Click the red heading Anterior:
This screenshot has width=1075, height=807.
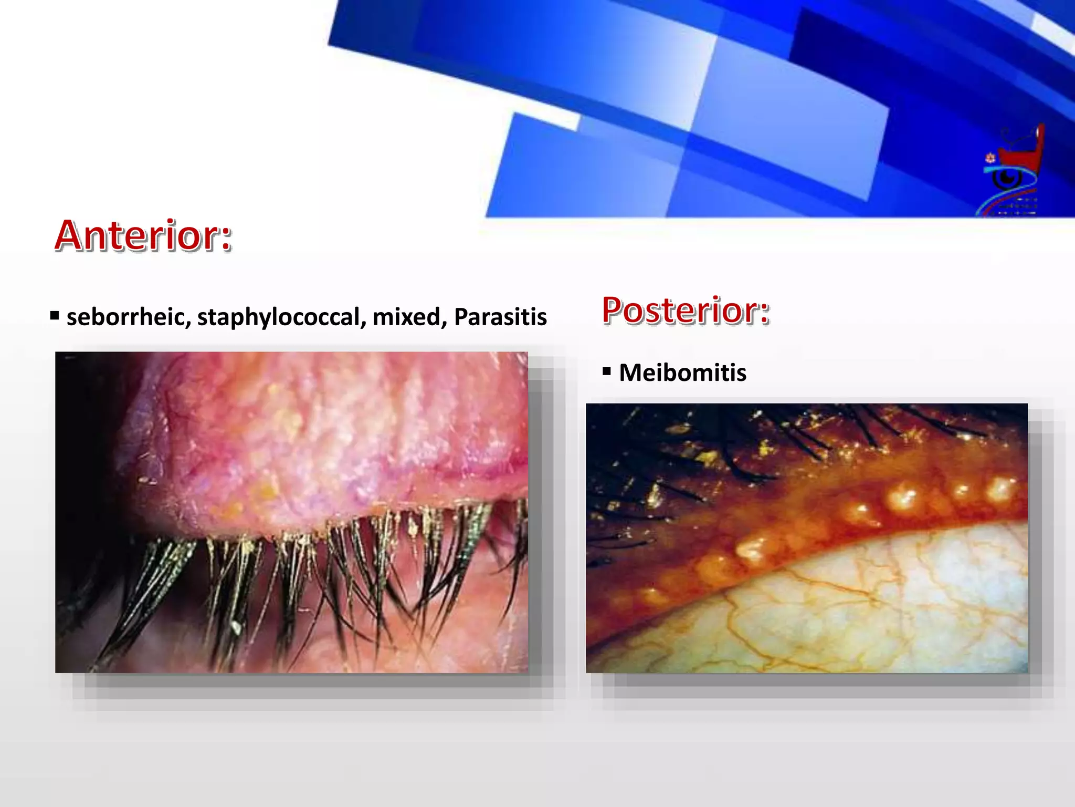143,235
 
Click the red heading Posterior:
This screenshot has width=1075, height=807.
685,310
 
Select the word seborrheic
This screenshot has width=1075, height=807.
128,317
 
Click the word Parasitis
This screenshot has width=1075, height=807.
500,317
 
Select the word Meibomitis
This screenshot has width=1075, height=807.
682,373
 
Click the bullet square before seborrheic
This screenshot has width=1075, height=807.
55,316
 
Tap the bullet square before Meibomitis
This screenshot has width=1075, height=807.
607,372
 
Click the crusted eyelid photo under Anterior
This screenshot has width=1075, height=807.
291,512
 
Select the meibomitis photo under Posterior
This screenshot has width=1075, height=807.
806,538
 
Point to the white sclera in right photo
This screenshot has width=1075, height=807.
892,604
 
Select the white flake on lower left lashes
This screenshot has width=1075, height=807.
236,627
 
